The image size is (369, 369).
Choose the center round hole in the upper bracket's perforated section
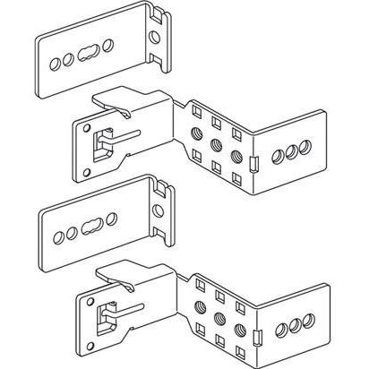(217, 142)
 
